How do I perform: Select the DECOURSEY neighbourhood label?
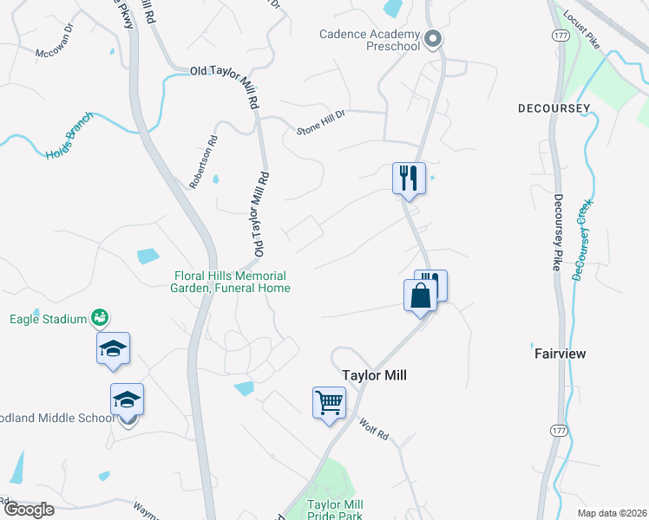(x=554, y=108)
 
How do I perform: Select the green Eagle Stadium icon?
(x=101, y=318)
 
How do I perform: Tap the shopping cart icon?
(x=329, y=401)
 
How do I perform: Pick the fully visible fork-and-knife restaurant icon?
(x=409, y=178)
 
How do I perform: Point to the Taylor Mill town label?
(x=374, y=375)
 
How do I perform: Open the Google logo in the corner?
(x=29, y=510)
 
